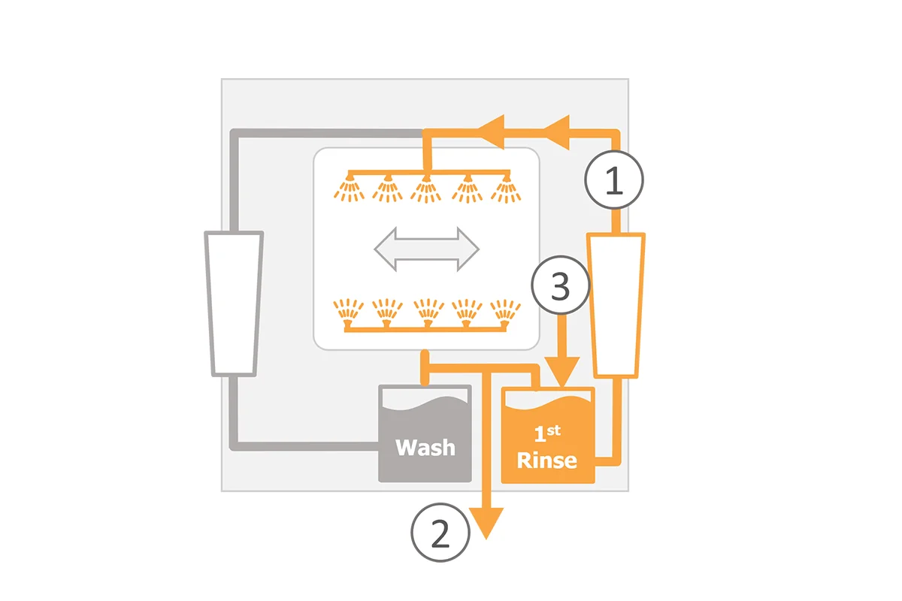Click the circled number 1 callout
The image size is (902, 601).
(x=614, y=180)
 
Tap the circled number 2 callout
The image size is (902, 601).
(x=440, y=533)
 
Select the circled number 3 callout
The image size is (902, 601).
(x=561, y=285)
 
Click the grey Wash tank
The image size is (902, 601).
(x=425, y=433)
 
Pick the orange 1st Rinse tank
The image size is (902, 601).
(x=548, y=435)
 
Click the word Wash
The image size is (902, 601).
(x=425, y=448)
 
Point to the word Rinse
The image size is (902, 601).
(x=547, y=461)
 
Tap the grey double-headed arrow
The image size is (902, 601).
(x=427, y=249)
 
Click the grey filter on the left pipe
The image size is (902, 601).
(x=234, y=304)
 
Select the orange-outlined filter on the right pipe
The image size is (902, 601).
(x=616, y=306)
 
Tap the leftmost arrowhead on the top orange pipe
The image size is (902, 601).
(x=491, y=131)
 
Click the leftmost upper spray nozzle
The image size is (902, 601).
(x=349, y=188)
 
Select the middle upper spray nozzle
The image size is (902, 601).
(x=426, y=189)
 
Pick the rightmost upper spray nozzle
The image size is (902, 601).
(x=506, y=188)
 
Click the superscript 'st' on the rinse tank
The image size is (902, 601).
(x=554, y=430)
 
